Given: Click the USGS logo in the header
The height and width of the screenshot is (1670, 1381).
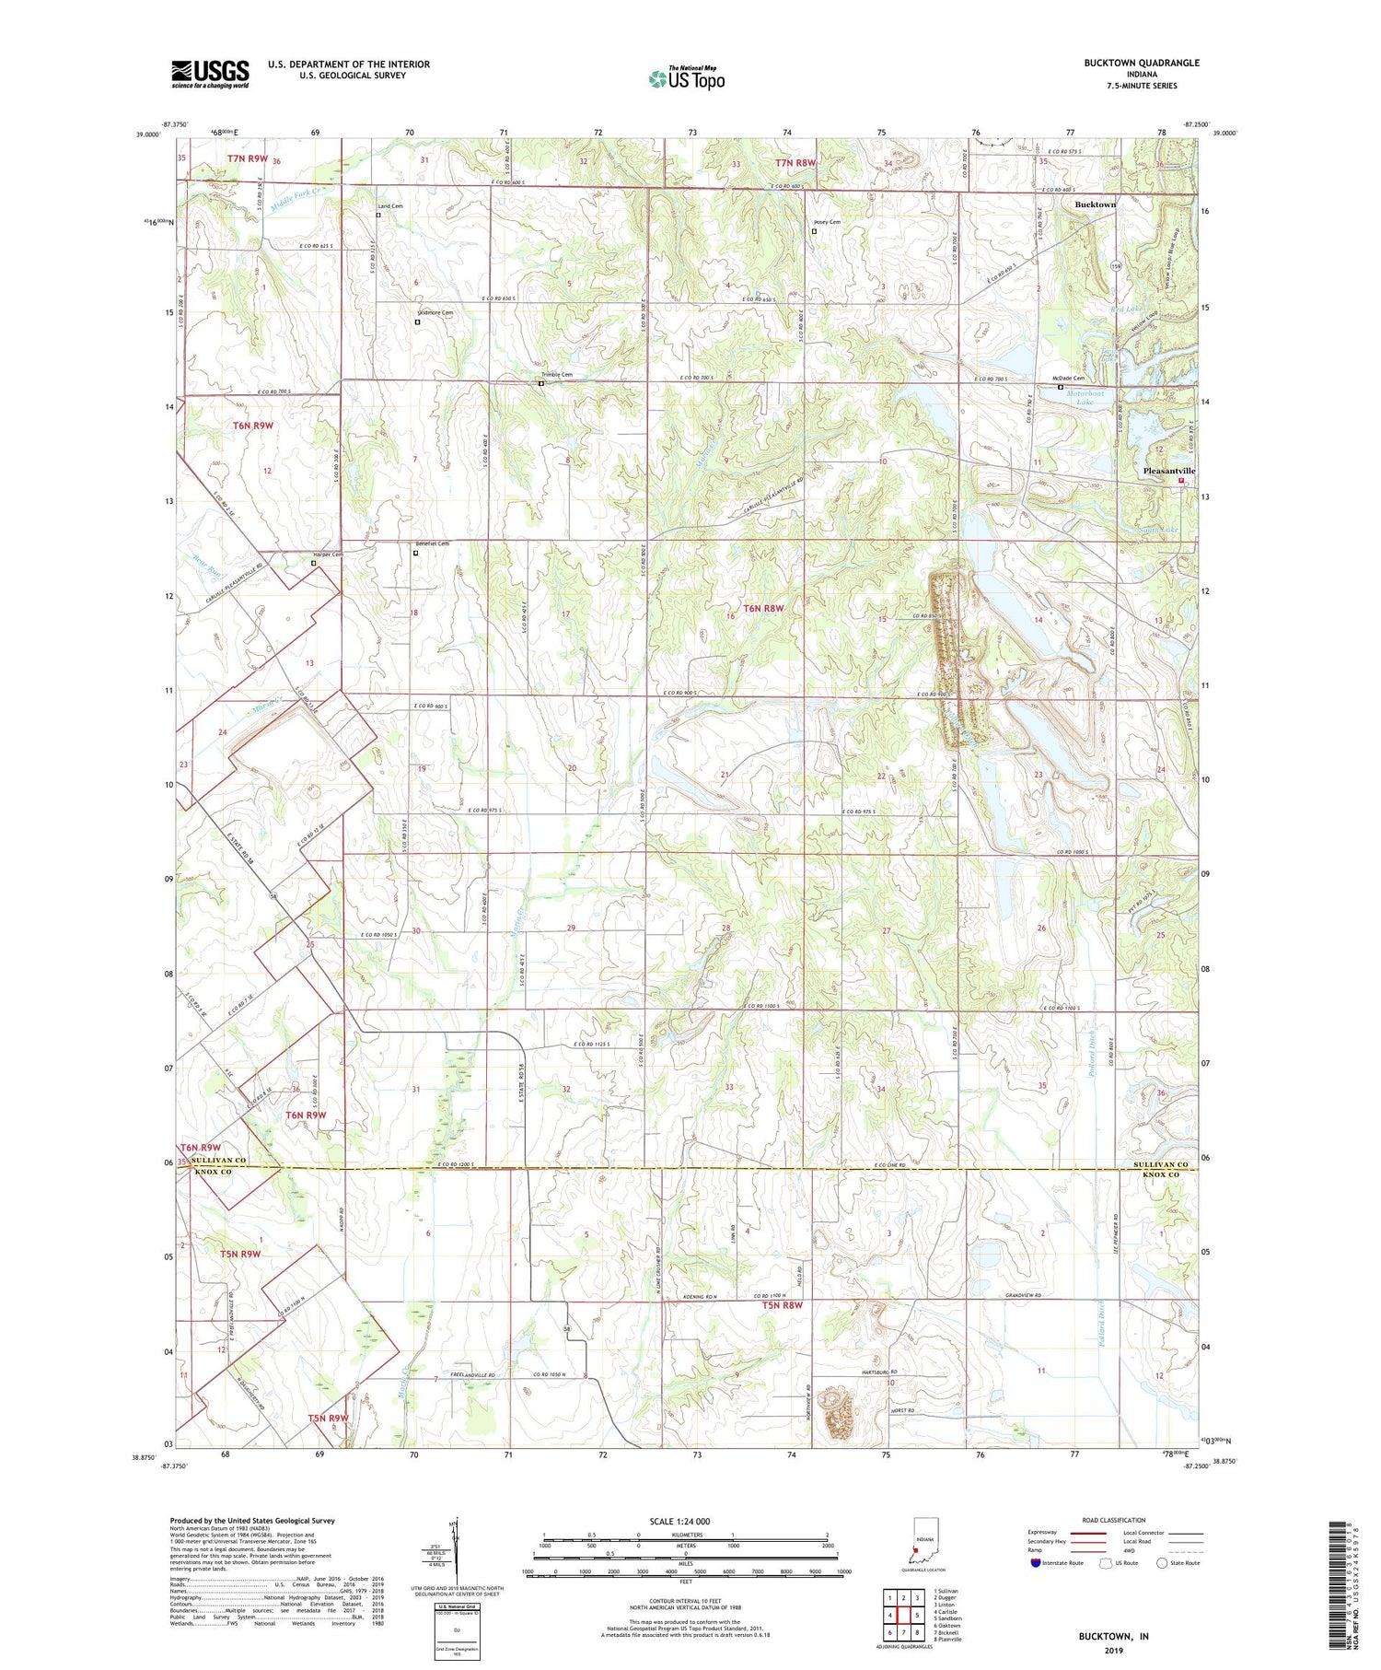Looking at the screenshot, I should coord(210,74).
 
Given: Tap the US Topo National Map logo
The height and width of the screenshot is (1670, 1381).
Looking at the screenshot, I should coord(686,78).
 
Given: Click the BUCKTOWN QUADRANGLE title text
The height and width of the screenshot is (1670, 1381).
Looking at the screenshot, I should coord(1142,63).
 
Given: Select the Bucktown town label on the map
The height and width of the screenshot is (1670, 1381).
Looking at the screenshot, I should coord(1095,204).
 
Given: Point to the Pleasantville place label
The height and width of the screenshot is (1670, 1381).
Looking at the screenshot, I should coord(1168,471).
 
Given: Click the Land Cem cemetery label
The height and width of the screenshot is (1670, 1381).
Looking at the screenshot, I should coord(389,206).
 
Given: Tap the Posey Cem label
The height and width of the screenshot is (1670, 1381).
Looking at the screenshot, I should coord(827,222).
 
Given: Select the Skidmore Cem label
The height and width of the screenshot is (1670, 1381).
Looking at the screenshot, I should coord(435,313).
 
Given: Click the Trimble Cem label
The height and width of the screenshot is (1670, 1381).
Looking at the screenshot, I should coord(557,375).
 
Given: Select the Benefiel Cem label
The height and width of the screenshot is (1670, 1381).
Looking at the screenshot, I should coord(432,543).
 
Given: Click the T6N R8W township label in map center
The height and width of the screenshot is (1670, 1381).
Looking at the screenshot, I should coord(763,608).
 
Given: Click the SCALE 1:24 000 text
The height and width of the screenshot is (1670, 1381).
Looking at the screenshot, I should coord(685,1521).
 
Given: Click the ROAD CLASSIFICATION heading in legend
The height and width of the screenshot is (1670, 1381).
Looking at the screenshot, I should coord(1114,1520).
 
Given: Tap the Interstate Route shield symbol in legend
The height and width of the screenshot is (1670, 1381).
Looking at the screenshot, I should coord(1036,1563).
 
